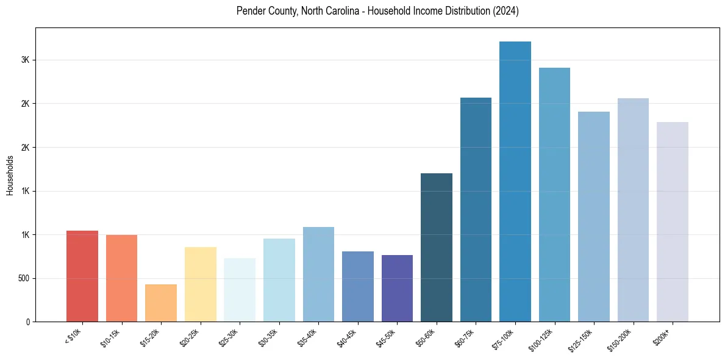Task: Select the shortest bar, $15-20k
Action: pos(161,303)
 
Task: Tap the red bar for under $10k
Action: pos(82,276)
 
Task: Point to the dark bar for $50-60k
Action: pos(437,247)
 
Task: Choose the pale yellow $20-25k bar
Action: pos(201,284)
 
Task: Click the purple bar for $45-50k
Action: pos(397,288)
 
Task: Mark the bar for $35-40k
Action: pos(318,274)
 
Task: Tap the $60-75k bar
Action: pos(476,209)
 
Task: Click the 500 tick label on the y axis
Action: pos(23,278)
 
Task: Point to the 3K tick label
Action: pos(26,60)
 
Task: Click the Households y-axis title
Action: pos(10,175)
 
